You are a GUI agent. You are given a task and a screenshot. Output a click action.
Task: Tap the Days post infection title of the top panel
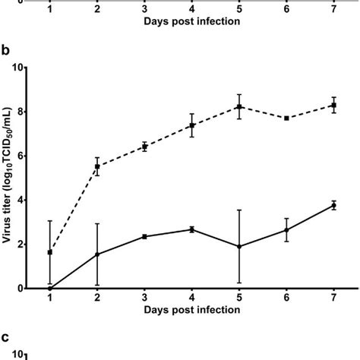[192, 22]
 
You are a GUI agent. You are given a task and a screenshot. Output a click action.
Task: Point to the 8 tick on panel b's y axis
[21, 112]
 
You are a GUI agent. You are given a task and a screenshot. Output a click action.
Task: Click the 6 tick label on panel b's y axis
[21, 156]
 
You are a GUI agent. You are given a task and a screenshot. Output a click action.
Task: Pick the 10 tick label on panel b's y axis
[19, 68]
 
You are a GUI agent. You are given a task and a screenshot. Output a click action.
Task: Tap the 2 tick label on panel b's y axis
[21, 245]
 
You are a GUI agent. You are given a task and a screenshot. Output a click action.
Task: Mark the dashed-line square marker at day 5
[239, 107]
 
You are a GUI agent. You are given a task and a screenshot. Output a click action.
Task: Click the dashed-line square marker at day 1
[49, 252]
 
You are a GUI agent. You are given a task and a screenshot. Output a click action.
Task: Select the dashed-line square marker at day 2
[96, 166]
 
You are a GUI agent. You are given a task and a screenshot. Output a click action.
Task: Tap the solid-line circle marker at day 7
[335, 205]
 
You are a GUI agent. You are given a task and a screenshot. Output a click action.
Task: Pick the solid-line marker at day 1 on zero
[49, 289]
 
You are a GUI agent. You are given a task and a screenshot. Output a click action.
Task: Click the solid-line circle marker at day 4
[192, 229]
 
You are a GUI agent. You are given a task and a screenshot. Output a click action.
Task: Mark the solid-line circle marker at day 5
[239, 246]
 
